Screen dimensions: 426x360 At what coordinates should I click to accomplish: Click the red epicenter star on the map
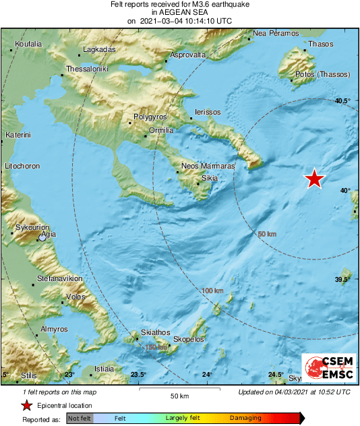pyautogui.click(x=314, y=179)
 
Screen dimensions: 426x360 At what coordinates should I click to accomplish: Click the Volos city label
pyautogui.click(x=75, y=297)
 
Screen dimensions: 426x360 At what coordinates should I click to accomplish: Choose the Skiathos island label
pyautogui.click(x=156, y=332)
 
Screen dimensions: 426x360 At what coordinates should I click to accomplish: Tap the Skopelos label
pyautogui.click(x=189, y=339)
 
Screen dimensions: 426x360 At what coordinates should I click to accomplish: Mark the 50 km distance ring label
pyautogui.click(x=268, y=234)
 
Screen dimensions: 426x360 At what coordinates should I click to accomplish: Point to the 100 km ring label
pyautogui.click(x=212, y=291)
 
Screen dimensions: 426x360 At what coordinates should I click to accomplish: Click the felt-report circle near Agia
pyautogui.click(x=43, y=237)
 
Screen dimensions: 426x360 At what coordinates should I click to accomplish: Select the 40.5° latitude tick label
pyautogui.click(x=343, y=101)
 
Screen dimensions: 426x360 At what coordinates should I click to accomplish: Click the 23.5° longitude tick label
pyautogui.click(x=138, y=375)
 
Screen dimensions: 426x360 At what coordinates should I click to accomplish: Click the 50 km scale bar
pyautogui.click(x=179, y=389)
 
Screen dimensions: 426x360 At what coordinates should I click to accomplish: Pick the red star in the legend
pyautogui.click(x=26, y=406)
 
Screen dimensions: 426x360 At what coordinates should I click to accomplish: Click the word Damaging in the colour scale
pyautogui.click(x=245, y=419)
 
